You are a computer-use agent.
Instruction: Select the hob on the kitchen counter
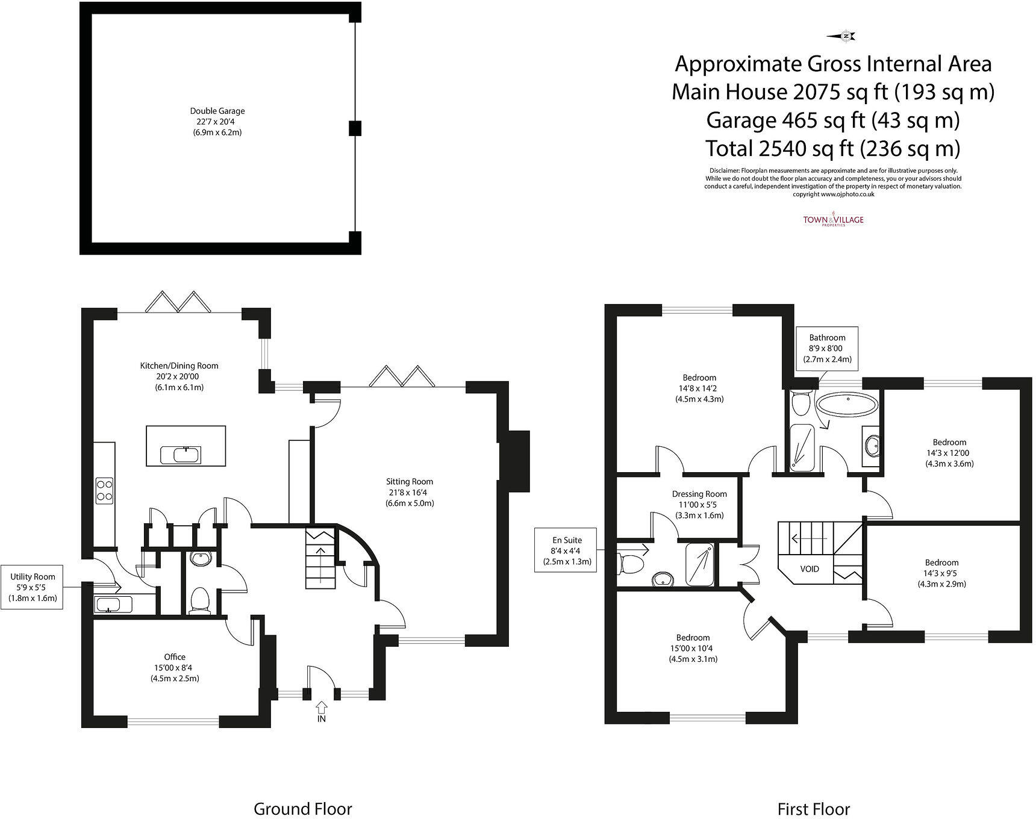click(104, 490)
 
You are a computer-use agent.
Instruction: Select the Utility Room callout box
click(33, 587)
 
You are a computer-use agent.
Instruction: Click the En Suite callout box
click(567, 550)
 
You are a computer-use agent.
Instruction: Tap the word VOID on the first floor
click(810, 568)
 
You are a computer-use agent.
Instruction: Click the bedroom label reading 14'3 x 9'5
click(941, 573)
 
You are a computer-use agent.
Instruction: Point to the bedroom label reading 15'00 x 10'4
click(693, 648)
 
